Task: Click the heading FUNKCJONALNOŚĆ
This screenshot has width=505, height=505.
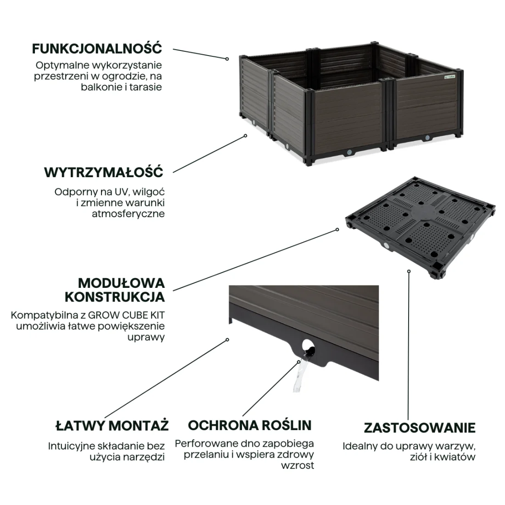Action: click(96, 48)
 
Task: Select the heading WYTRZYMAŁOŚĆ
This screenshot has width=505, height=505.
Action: click(104, 172)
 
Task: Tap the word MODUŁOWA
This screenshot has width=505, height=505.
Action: click(121, 283)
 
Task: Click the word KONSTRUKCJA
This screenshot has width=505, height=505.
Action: click(115, 297)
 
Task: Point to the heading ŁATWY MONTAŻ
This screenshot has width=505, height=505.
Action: click(112, 425)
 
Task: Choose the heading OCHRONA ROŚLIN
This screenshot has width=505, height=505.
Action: click(250, 425)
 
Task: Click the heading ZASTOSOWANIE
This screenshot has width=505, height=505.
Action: click(420, 428)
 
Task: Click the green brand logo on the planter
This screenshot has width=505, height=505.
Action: click(449, 77)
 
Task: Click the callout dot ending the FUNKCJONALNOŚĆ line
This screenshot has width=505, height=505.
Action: click(227, 59)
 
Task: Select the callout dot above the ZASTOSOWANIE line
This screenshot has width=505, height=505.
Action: click(409, 271)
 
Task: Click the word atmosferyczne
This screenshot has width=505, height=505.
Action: click(128, 214)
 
